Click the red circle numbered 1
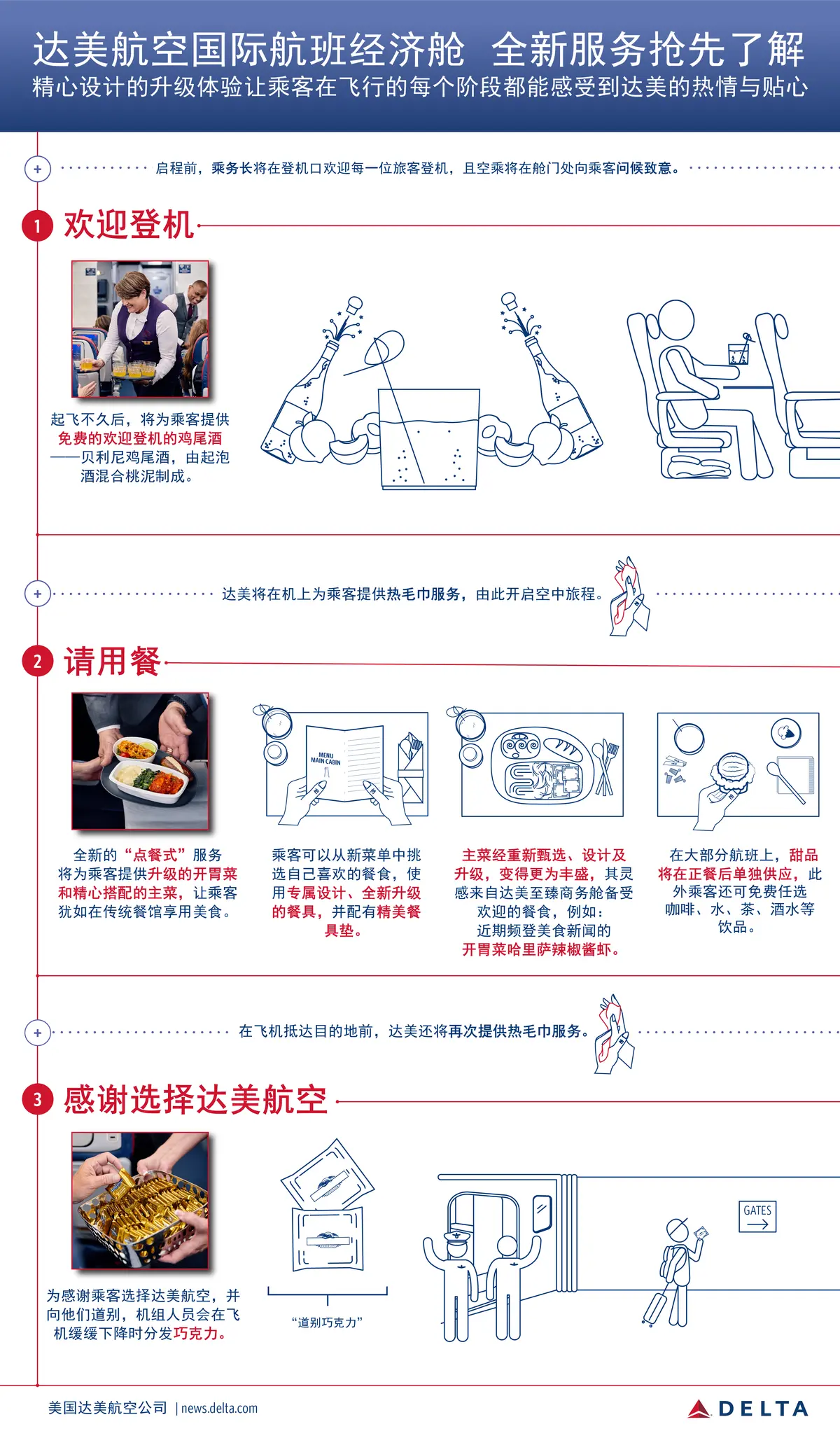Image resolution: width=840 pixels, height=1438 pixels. (38, 226)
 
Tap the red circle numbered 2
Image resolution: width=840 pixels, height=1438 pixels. (38, 662)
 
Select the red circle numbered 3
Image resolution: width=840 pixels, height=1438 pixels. (38, 1099)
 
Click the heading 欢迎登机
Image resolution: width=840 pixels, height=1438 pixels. (129, 225)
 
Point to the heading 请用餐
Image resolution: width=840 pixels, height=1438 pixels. (113, 661)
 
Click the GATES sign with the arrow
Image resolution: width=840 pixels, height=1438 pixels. (757, 1217)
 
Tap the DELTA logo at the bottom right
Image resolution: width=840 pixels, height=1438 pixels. (748, 1409)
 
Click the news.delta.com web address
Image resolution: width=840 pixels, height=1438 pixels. (220, 1408)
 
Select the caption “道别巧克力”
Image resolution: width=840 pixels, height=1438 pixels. (327, 1322)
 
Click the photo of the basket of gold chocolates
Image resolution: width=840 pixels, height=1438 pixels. (141, 1201)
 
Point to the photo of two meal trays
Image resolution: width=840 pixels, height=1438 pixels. (141, 761)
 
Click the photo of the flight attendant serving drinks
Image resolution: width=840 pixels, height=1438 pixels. (141, 329)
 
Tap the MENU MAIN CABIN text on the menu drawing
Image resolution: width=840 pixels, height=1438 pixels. (325, 758)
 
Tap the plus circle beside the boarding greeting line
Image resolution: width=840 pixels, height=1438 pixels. (38, 169)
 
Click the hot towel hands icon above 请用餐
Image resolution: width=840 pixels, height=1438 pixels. (629, 596)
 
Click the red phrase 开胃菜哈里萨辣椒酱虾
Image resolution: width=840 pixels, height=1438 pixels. (540, 950)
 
